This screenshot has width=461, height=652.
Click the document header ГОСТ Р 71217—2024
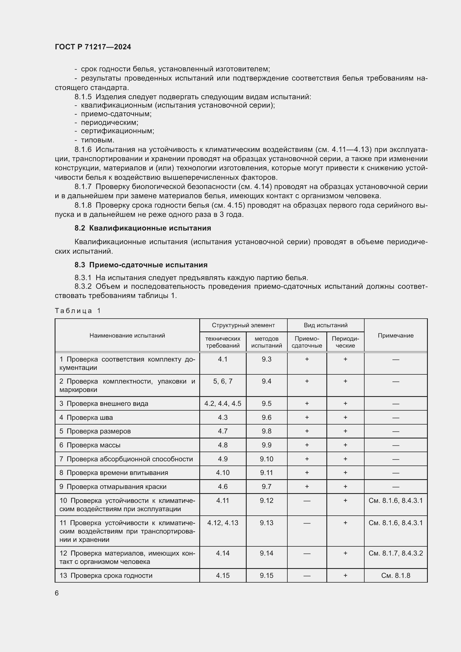click(x=93, y=47)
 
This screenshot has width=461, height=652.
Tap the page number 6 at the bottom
click(x=57, y=593)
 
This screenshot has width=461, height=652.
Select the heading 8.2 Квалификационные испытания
click(x=143, y=228)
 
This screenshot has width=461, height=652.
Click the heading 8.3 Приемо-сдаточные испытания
click(x=141, y=265)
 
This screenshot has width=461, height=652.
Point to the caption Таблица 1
click(x=78, y=311)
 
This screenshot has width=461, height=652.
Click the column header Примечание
click(x=396, y=335)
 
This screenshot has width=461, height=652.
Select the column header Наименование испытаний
click(x=127, y=335)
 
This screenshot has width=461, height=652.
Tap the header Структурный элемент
click(x=243, y=325)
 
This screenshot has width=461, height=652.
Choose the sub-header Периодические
click(x=345, y=342)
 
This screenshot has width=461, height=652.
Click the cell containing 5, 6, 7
click(x=223, y=381)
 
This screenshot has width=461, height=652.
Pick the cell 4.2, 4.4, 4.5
click(x=223, y=404)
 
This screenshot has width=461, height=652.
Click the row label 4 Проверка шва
click(x=86, y=418)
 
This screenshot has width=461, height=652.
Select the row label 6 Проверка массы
click(x=90, y=445)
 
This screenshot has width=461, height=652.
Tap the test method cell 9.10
click(x=266, y=459)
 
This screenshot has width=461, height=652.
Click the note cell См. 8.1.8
click(x=396, y=576)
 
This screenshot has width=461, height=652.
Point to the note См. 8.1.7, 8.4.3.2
click(x=396, y=553)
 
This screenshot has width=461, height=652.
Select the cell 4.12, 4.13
click(x=223, y=523)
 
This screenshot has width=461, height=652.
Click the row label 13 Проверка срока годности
click(x=106, y=576)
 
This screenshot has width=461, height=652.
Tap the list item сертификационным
click(x=118, y=131)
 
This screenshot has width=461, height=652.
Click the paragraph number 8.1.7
click(x=83, y=186)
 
